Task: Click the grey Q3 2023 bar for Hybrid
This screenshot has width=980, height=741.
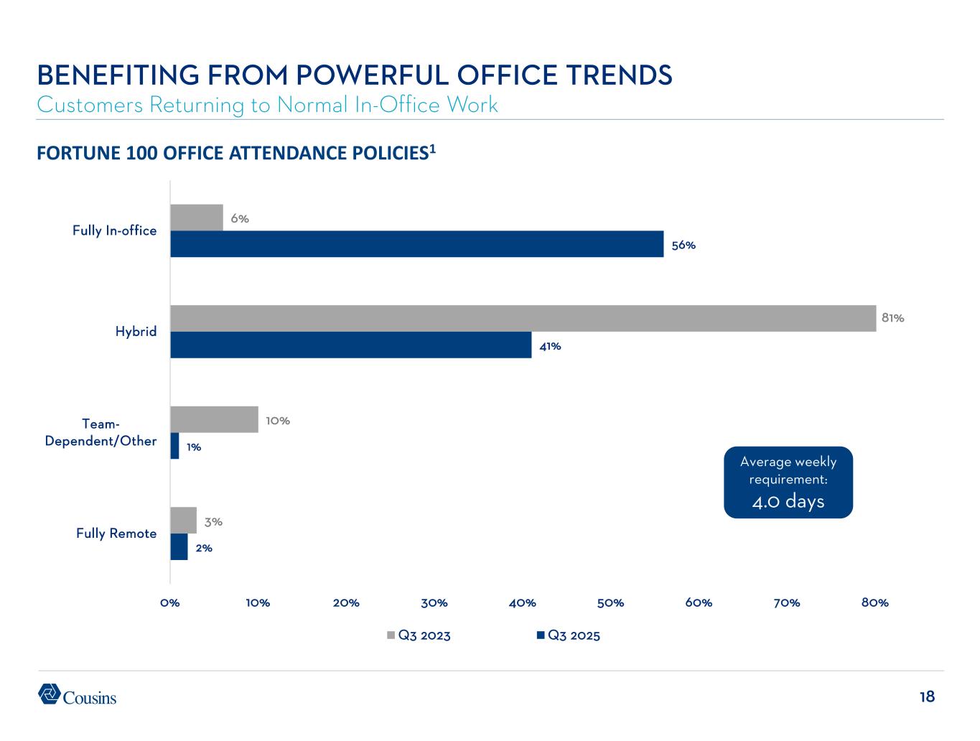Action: coord(523,318)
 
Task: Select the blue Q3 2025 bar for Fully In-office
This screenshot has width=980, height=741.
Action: coord(416,244)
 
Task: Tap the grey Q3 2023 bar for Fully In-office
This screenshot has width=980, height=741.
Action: coord(196,218)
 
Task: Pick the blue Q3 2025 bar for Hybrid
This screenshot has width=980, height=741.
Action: coord(350,345)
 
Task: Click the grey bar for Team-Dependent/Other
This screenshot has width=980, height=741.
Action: coord(214,419)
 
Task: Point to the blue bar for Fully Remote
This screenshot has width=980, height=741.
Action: coord(179,546)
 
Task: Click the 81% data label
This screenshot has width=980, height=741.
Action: coord(892,317)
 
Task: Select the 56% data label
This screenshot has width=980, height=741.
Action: coord(683,245)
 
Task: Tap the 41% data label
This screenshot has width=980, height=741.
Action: coord(550,346)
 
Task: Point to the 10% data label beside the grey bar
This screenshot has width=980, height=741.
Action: coord(278,421)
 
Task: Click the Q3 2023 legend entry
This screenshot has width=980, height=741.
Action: coord(419,635)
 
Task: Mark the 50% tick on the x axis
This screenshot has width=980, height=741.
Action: coord(610,603)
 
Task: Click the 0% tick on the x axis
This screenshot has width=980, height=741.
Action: coord(169,603)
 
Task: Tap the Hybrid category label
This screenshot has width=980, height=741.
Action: coord(136,332)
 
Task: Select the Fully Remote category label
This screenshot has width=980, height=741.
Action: coord(116,533)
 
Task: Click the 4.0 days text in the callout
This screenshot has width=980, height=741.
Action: coord(788,501)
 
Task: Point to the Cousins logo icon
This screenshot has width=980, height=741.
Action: coord(49,694)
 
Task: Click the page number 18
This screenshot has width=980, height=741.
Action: coord(927,696)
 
